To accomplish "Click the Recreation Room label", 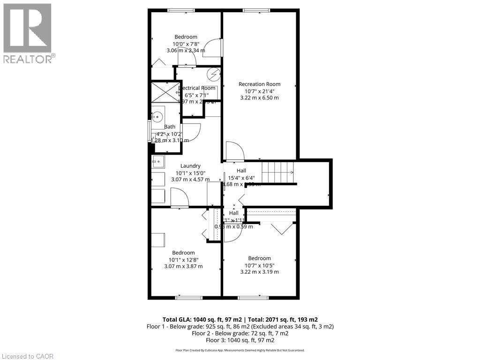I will click(x=259, y=84).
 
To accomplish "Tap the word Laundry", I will click(x=190, y=165).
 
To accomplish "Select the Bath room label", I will click(x=169, y=127).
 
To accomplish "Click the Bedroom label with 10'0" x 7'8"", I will click(x=186, y=37).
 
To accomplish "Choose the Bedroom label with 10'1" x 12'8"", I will click(x=183, y=253).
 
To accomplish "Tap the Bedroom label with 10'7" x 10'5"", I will click(x=259, y=258).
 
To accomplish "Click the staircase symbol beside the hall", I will click(x=277, y=172).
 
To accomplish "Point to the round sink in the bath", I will click(x=157, y=116).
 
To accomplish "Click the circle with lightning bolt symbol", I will click(x=214, y=74).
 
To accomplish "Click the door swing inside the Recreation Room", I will click(x=234, y=151).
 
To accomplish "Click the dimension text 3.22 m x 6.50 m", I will click(x=259, y=98).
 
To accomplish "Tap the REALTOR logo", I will click(x=28, y=33).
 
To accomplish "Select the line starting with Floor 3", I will click(x=240, y=340).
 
